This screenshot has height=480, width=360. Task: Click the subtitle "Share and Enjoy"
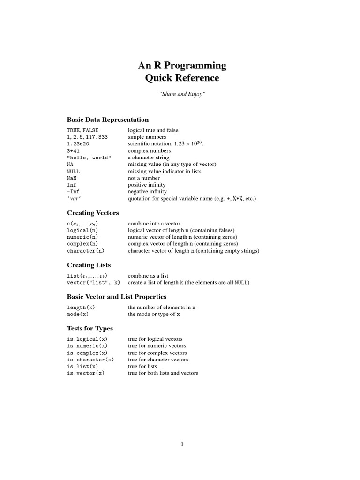click(182, 95)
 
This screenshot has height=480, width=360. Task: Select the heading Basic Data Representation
click(108, 120)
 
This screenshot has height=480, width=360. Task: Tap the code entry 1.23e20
click(78, 144)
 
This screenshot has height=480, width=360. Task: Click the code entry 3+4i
click(74, 151)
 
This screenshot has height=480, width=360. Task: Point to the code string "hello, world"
click(89, 157)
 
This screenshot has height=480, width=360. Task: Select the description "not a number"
click(144, 178)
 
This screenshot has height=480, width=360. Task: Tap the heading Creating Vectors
click(93, 213)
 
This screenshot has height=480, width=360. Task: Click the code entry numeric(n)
click(82, 237)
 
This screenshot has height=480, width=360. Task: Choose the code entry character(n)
click(86, 251)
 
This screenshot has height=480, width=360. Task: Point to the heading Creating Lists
click(89, 265)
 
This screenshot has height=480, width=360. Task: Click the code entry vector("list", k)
click(94, 283)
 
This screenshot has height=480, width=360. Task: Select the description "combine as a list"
click(148, 276)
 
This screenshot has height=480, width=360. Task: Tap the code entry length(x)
click(81, 307)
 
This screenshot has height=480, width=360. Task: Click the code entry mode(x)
click(78, 314)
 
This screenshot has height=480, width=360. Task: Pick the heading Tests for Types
click(90, 329)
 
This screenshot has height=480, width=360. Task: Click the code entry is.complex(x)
click(87, 353)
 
